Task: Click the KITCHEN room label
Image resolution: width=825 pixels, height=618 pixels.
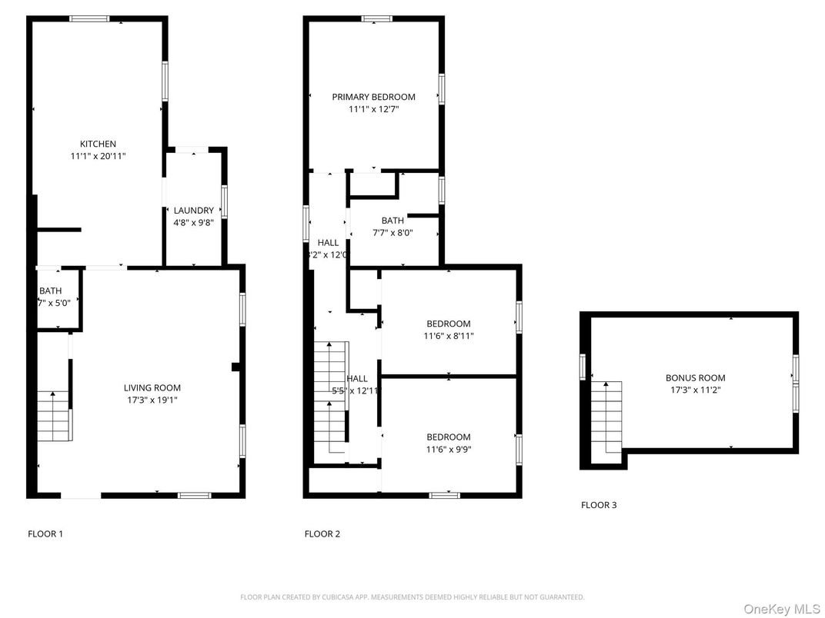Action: pos(99,144)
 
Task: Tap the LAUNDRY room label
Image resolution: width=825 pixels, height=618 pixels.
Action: pos(193,211)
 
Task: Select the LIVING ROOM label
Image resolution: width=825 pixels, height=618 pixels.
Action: pos(152,387)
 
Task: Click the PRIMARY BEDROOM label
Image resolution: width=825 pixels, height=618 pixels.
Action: pos(373,97)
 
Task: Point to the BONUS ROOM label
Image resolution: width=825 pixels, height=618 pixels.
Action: pos(695,377)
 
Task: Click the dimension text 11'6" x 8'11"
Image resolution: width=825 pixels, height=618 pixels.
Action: pos(449,336)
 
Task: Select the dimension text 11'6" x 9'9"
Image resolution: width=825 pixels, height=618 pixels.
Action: pos(449,450)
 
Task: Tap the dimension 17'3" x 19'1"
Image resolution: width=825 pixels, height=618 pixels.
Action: pos(152,400)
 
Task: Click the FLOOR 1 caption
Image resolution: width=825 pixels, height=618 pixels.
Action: pos(45,533)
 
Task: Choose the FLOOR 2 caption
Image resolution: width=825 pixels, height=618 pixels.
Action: pos(322,533)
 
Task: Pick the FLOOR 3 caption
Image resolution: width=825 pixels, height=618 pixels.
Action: pos(599,505)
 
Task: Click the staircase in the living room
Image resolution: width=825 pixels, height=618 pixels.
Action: pos(54,416)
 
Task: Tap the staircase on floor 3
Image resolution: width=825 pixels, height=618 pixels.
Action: pos(606,415)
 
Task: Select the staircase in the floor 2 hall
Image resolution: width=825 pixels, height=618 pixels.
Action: pos(331,400)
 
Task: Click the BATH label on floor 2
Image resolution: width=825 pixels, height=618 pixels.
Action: pos(392,221)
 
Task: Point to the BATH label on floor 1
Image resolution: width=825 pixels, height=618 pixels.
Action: pos(51,291)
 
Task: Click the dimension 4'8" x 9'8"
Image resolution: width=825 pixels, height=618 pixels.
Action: pos(193,223)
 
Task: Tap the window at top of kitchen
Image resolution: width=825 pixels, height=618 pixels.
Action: pos(89,18)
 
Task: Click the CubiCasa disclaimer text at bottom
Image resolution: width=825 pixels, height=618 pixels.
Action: pos(412,596)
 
